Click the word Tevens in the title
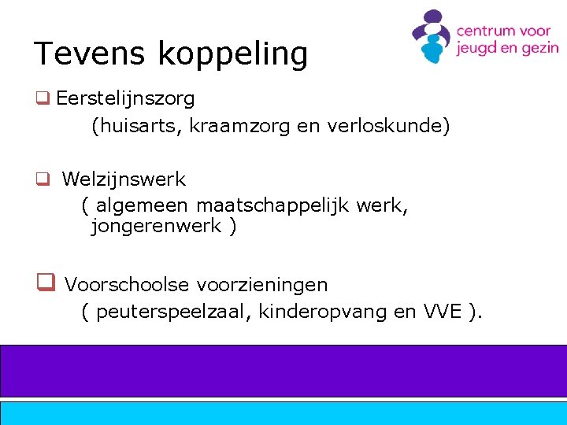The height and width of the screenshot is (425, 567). (x=91, y=54)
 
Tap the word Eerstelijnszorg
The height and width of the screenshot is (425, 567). (x=125, y=99)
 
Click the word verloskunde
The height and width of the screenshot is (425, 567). (x=384, y=126)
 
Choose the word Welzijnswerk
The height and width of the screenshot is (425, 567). (x=124, y=179)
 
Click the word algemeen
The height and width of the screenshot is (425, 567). (x=142, y=206)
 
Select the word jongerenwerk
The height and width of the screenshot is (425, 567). (x=156, y=227)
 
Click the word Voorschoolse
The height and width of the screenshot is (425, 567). (x=125, y=284)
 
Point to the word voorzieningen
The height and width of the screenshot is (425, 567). (x=262, y=284)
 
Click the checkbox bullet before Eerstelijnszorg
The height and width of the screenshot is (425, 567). (x=42, y=99)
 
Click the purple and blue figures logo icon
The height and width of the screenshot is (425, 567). (x=432, y=36)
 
